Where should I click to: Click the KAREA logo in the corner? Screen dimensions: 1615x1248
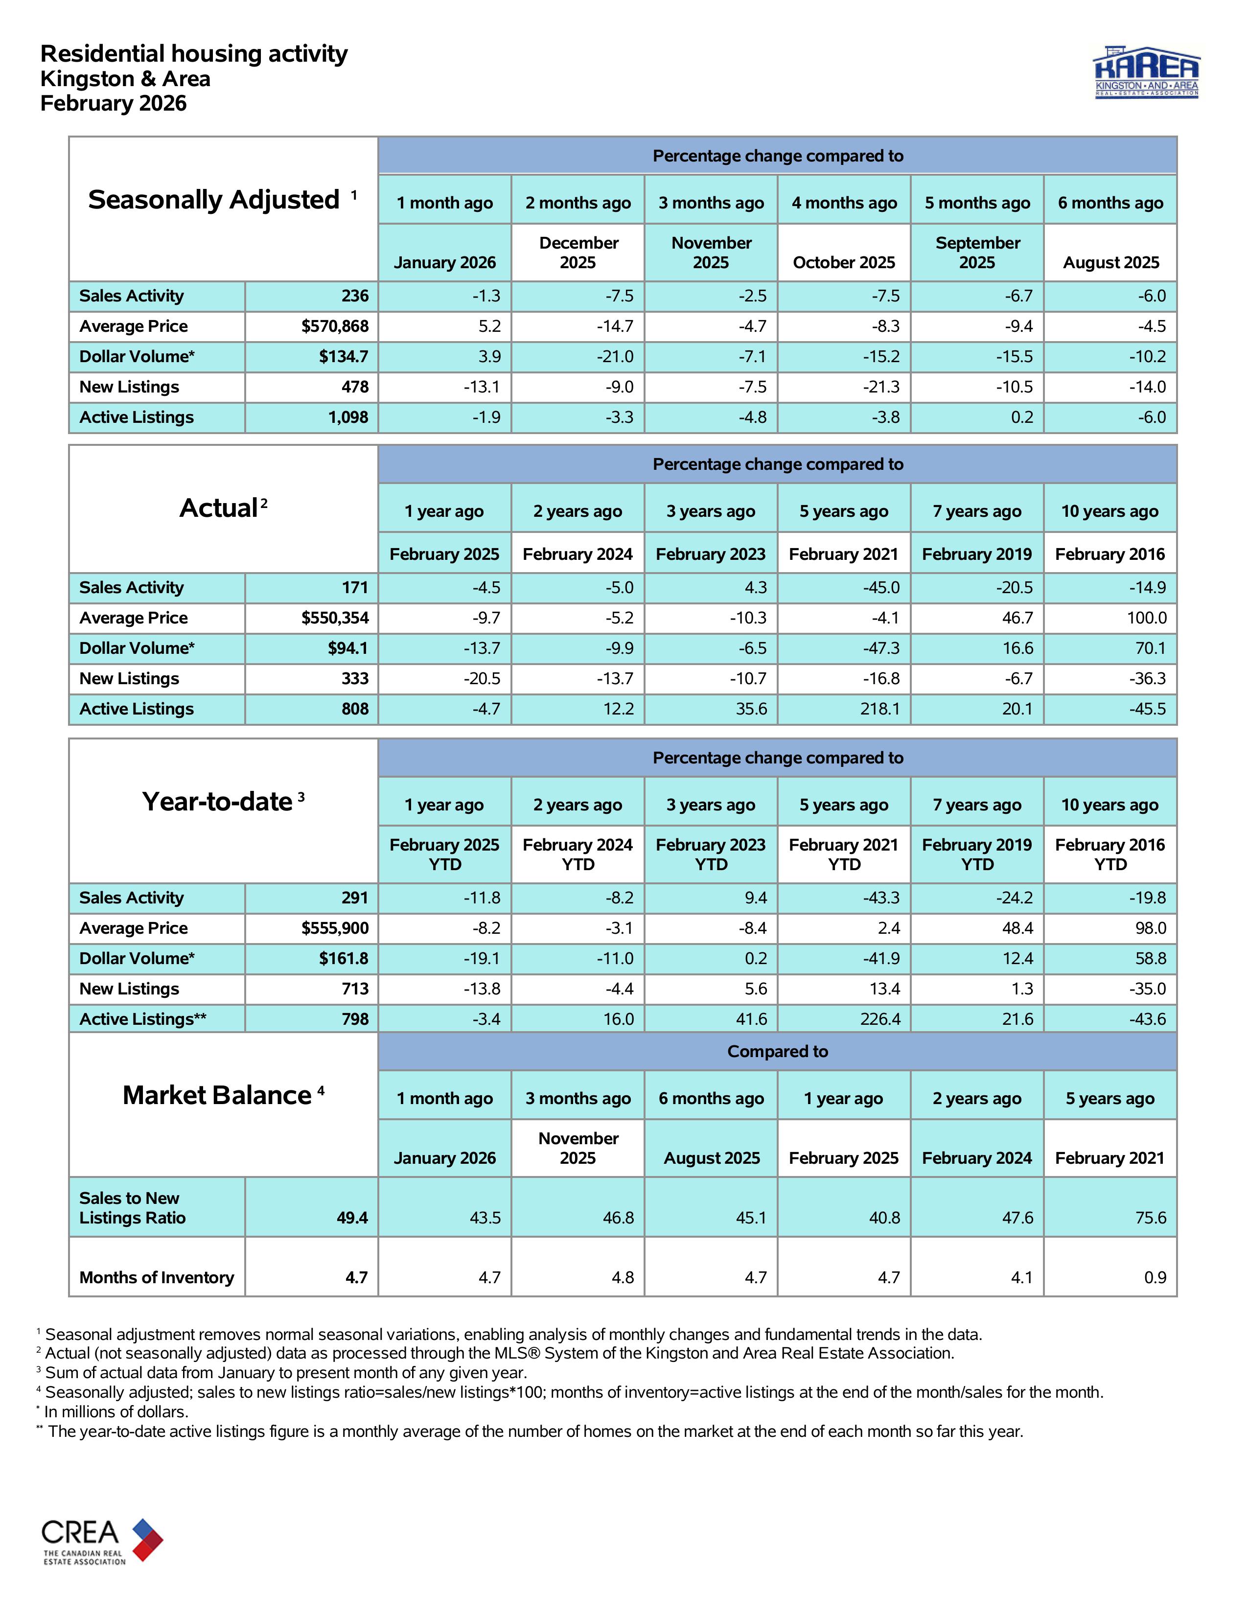point(1146,73)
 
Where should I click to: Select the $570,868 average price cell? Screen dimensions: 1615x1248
point(334,326)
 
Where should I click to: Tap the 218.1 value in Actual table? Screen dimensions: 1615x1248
point(880,709)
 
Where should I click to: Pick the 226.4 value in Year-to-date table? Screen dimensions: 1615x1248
point(880,1019)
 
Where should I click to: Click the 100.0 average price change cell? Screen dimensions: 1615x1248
point(1147,618)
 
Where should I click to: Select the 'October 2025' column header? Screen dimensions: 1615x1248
point(844,262)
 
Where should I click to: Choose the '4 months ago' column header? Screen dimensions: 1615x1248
point(844,203)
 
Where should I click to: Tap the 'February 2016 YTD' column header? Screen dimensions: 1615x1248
point(1110,854)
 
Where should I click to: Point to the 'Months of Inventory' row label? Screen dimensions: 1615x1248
point(156,1277)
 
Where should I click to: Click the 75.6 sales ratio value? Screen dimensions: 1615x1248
point(1151,1217)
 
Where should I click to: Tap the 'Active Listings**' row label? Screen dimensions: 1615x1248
point(143,1019)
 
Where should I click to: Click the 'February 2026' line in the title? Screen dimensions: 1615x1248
point(113,104)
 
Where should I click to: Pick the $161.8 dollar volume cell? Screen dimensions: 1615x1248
point(343,958)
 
